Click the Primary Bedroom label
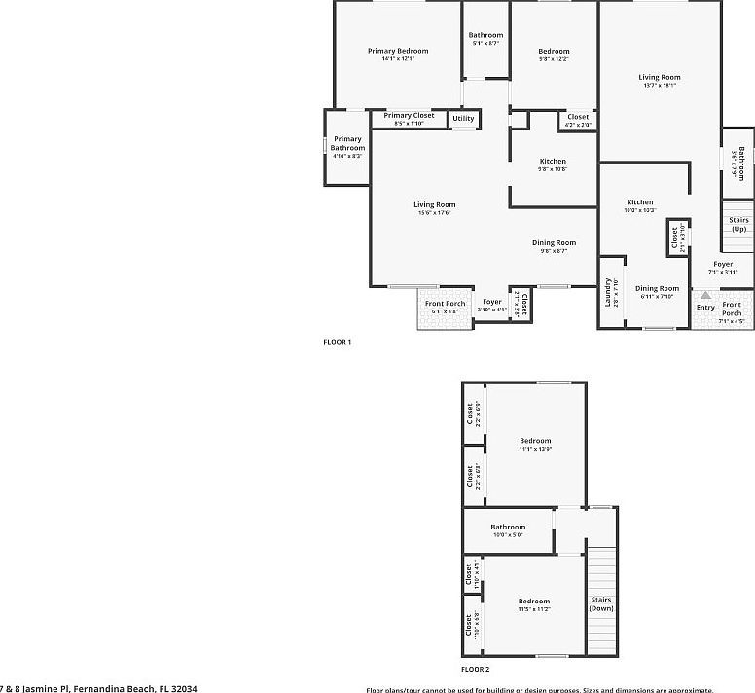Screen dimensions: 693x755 tap(397, 51)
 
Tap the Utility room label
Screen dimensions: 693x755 tap(463, 119)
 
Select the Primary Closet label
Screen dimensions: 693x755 tap(409, 115)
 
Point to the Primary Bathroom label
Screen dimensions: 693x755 tap(347, 144)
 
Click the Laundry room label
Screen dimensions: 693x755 tap(609, 289)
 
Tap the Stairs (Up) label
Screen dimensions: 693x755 tap(739, 224)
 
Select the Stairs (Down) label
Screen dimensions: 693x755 tap(601, 603)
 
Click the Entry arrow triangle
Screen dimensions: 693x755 tap(705, 293)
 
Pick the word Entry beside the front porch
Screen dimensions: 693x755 tap(705, 308)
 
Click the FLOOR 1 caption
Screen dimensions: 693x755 tap(337, 342)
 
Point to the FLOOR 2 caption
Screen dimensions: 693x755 tap(475, 670)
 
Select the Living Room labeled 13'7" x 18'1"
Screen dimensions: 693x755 tap(659, 77)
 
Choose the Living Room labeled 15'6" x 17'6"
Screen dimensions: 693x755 tap(434, 204)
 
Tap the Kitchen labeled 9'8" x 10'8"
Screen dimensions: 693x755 tap(553, 162)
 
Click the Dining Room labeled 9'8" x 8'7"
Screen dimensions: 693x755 tap(554, 242)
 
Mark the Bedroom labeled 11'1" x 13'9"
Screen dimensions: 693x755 tap(534, 441)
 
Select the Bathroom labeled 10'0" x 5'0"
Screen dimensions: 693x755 tap(508, 528)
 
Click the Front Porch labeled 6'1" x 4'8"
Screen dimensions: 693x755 tap(446, 303)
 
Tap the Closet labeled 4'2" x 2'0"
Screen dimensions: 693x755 tap(578, 117)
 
